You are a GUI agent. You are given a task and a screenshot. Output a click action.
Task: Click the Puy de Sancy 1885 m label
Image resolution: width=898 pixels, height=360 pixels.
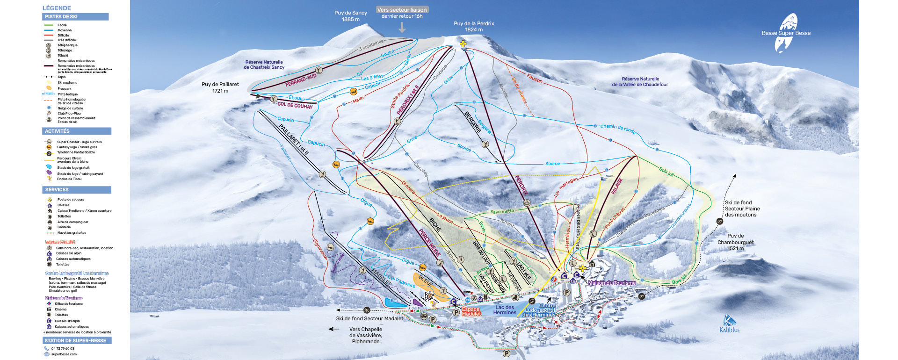click(x=350, y=16)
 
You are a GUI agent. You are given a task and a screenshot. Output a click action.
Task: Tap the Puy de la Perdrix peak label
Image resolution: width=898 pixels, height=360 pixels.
click(x=473, y=27)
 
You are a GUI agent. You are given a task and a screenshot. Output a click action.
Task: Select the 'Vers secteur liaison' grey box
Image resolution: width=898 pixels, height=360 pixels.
click(x=402, y=10)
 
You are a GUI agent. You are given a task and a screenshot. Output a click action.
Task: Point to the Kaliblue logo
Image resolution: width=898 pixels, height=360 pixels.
click(x=729, y=324)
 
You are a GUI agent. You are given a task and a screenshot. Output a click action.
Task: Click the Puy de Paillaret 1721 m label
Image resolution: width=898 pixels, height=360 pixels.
click(x=220, y=87)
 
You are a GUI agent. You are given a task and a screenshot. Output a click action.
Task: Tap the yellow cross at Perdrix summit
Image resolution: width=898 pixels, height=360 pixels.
click(x=463, y=44)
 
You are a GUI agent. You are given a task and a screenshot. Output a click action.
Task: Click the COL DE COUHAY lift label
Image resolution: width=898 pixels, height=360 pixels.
click(x=295, y=105)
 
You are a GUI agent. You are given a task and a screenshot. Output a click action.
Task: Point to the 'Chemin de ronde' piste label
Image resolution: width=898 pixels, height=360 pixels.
click(x=617, y=128)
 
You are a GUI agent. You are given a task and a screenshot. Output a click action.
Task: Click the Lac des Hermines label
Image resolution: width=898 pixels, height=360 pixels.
click(x=505, y=310)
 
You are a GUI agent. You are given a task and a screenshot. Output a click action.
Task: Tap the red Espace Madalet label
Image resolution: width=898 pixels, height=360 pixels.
click(x=471, y=311)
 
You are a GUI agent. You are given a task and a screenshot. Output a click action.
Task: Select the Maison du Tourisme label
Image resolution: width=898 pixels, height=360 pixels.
click(x=611, y=283)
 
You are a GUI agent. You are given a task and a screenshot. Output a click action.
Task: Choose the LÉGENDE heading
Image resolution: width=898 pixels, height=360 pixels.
click(x=57, y=8)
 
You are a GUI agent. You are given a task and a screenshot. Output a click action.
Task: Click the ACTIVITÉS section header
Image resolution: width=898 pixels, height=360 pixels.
click(x=57, y=131)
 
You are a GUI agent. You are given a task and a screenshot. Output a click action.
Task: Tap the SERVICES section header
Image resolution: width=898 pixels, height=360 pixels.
click(x=57, y=190)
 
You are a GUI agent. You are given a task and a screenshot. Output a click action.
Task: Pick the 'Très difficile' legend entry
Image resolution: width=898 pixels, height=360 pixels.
click(x=66, y=40)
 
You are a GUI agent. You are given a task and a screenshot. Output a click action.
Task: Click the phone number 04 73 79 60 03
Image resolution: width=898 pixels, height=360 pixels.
click(x=63, y=348)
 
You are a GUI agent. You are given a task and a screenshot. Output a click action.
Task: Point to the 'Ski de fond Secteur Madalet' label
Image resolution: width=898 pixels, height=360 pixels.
click(x=369, y=318)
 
